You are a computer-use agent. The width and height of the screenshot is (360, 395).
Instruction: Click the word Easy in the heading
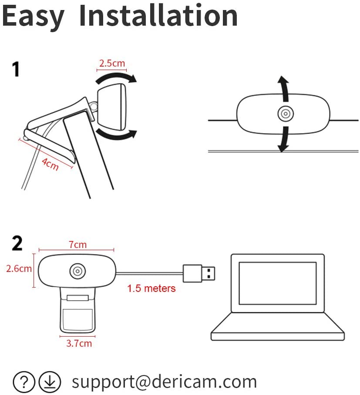pos(33,17)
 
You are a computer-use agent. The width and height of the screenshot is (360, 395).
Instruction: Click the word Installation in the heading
pos(158,16)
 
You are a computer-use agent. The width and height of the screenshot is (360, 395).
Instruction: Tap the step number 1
pos(16,69)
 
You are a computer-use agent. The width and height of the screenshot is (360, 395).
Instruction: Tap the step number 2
pos(17,243)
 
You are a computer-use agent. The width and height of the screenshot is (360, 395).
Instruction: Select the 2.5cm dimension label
pos(112,63)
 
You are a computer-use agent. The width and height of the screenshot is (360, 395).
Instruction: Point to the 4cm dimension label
pos(50,164)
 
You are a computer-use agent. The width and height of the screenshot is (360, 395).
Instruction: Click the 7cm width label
pos(77,244)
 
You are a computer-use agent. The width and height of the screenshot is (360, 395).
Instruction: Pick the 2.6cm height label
pos(19,268)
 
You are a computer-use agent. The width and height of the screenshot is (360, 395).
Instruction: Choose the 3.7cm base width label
pos(79,343)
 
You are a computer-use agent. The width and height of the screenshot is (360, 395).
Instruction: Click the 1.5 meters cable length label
pos(151,288)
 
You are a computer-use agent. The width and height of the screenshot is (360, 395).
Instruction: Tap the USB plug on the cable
pos(199,273)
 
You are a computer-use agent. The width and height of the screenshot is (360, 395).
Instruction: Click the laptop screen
pos(278,283)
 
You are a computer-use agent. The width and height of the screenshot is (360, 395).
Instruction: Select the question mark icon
pos(24,382)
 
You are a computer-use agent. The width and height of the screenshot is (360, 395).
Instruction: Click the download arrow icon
pos(50,382)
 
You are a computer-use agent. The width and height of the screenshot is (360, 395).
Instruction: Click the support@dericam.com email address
pos(164,382)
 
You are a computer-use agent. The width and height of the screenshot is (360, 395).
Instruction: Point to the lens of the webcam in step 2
pos(77,271)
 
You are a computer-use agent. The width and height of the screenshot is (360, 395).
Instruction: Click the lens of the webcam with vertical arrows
pos(286,114)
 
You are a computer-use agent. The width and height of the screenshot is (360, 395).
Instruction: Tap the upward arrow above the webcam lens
pos(285,89)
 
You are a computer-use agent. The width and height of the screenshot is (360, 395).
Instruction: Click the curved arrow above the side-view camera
pos(116,77)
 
